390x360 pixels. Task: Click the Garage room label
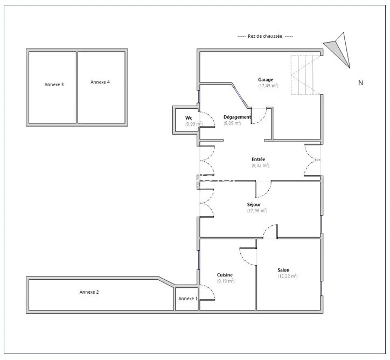coord(266,80)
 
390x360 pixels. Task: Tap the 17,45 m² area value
coord(268,86)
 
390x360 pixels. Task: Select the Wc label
coord(189,118)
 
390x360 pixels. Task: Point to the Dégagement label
coord(237,117)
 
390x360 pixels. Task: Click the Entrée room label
coord(258,159)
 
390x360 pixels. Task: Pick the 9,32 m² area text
coord(260,165)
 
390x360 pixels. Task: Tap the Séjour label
coord(254,204)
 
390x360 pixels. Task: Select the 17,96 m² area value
coord(257,211)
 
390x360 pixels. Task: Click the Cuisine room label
coord(225,275)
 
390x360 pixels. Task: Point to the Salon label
coord(283,270)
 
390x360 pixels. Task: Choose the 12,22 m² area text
coord(288,276)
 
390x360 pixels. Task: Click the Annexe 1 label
coord(188,299)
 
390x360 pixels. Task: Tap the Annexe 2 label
coord(89,292)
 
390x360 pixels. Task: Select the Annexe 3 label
coord(54,85)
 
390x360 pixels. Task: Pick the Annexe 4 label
coord(100,82)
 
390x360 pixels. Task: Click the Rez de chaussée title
coord(265,36)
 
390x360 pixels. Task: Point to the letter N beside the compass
coord(361,83)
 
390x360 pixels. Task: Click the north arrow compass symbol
coord(339,50)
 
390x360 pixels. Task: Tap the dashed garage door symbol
coord(306,75)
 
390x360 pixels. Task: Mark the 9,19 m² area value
coord(226,281)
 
